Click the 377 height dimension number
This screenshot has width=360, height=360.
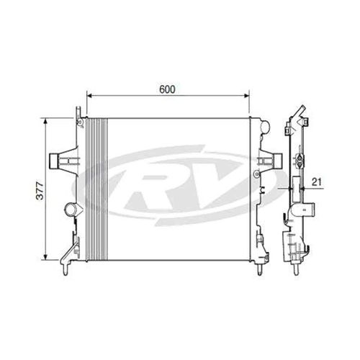click(41, 190)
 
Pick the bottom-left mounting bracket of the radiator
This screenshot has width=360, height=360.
click(70, 256)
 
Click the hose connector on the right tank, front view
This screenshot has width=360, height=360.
click(273, 158)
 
